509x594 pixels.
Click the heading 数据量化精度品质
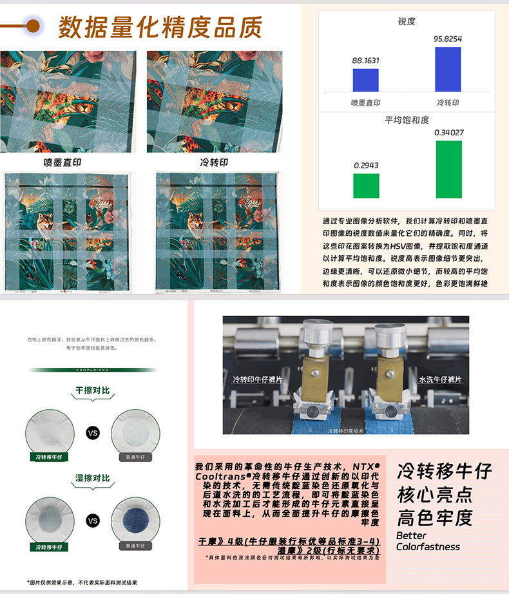(160, 28)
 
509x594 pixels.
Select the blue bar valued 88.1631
(365, 80)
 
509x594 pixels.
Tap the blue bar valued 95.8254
(448, 69)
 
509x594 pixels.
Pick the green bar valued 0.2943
(365, 186)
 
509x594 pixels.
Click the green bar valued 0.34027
(448, 169)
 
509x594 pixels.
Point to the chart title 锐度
(407, 21)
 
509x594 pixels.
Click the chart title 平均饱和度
(407, 120)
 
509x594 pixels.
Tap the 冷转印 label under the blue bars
(448, 102)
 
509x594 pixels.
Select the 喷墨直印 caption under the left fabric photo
(62, 163)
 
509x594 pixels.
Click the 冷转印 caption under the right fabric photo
(214, 163)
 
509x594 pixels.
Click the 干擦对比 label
(93, 390)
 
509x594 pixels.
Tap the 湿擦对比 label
(93, 478)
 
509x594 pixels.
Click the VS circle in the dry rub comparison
(93, 433)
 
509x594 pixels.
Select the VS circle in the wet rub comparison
(93, 520)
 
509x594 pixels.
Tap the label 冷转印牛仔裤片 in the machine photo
(258, 379)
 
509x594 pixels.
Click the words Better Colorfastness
(428, 541)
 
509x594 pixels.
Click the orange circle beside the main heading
(30, 26)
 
